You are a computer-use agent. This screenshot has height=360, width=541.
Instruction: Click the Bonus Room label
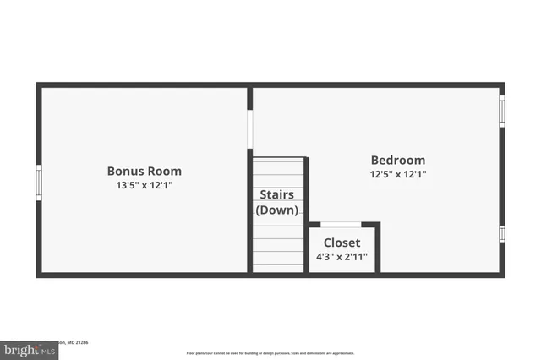point(144,171)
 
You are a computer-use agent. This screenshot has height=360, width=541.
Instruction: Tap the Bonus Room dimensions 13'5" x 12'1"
point(144,185)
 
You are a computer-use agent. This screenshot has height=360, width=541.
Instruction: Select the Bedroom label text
point(398,160)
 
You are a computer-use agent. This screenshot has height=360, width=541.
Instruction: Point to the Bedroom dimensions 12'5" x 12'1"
point(398,174)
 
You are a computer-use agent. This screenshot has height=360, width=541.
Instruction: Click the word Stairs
point(276,195)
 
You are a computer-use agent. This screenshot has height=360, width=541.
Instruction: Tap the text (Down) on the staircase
point(276,210)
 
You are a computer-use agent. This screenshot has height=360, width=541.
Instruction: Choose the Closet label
point(342,243)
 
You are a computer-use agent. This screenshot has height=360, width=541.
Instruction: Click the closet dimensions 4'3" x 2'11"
point(342,257)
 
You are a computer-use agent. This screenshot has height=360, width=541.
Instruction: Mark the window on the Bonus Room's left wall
point(39,182)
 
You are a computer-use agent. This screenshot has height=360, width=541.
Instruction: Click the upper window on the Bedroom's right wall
point(501,111)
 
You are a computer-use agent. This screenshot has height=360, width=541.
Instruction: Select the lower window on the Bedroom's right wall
point(501,233)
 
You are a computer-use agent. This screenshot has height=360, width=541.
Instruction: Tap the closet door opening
point(342,225)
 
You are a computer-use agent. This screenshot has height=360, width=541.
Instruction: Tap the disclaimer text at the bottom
point(270,353)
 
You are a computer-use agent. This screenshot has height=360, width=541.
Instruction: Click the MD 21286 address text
point(81,342)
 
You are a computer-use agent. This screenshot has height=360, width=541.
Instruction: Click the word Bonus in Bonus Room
point(124,171)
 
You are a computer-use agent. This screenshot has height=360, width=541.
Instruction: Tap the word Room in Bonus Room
point(164,171)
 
